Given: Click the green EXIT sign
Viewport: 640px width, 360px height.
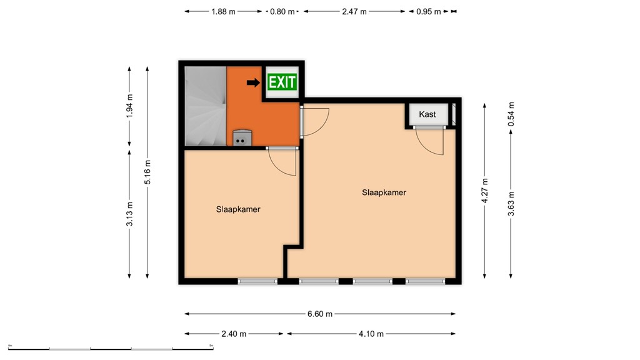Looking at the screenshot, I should tap(281, 82).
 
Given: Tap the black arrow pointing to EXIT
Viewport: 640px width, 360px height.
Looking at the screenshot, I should tap(253, 82).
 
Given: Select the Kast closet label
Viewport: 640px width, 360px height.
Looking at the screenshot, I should tap(427, 114).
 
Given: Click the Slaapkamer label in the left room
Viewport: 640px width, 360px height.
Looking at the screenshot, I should tap(238, 209).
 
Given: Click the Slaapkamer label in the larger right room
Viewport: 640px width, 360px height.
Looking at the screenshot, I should tap(384, 192).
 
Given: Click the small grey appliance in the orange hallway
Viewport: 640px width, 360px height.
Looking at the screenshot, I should tap(242, 137).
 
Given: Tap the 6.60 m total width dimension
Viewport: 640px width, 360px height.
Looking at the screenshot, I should tap(320, 314).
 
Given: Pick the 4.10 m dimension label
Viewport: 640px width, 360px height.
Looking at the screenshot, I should tap(371, 334).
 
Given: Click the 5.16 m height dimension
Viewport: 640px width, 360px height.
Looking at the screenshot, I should tap(147, 172).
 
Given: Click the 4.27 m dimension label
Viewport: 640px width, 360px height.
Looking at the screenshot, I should tap(485, 191).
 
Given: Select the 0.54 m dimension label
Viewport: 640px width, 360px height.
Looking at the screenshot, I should tap(511, 114).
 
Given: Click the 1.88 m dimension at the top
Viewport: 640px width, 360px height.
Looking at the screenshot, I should tap(224, 11).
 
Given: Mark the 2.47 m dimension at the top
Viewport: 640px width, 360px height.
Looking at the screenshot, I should tap(354, 11).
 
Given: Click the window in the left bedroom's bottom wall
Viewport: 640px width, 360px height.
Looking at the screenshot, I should tap(257, 281).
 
